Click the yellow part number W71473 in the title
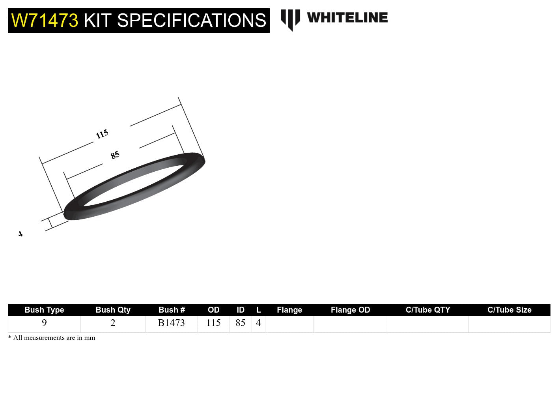pyautogui.click(x=45, y=21)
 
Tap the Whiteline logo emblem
pyautogui.click(x=290, y=19)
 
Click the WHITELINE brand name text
pyautogui.click(x=347, y=18)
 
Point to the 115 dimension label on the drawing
pyautogui.click(x=102, y=134)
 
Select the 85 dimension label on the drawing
pyautogui.click(x=115, y=155)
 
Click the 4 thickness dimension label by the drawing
pyautogui.click(x=21, y=234)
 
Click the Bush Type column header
pyautogui.click(x=44, y=310)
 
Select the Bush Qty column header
pyautogui.click(x=113, y=310)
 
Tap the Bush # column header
pyautogui.click(x=172, y=310)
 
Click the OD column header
pyautogui.click(x=213, y=310)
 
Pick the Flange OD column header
pyautogui.click(x=350, y=310)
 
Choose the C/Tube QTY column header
pyautogui.click(x=428, y=310)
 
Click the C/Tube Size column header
pyautogui.click(x=509, y=310)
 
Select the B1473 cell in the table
pyautogui.click(x=171, y=323)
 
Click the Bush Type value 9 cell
pyautogui.click(x=44, y=323)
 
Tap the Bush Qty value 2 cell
pyautogui.click(x=113, y=323)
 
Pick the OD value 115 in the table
pyautogui.click(x=213, y=323)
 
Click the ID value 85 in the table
pyautogui.click(x=241, y=323)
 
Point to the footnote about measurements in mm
pyautogui.click(x=52, y=338)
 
